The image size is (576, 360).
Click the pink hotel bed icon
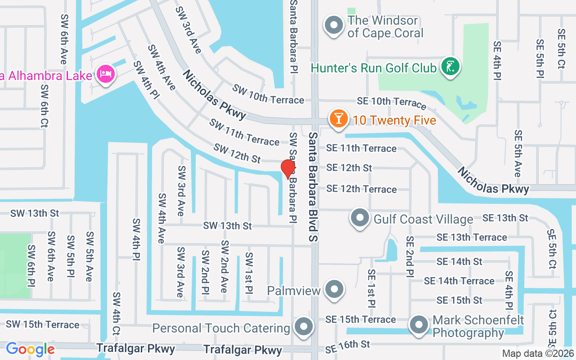[x=106, y=73]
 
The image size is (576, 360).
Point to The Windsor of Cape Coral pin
[x=333, y=25]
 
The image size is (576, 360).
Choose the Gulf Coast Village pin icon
[x=360, y=218]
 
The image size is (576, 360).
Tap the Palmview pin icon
[x=334, y=289]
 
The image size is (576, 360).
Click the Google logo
[x=30, y=349]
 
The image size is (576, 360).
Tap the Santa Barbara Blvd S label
[x=313, y=186]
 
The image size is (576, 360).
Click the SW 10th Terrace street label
[x=268, y=94]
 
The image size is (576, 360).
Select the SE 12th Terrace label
[x=361, y=189]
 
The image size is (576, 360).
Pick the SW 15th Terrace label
[x=42, y=324]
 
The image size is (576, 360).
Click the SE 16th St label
[x=348, y=346]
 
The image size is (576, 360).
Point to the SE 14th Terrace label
[x=459, y=281]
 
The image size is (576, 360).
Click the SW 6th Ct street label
[x=44, y=105]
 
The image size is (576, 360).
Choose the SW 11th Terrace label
[x=244, y=132]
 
